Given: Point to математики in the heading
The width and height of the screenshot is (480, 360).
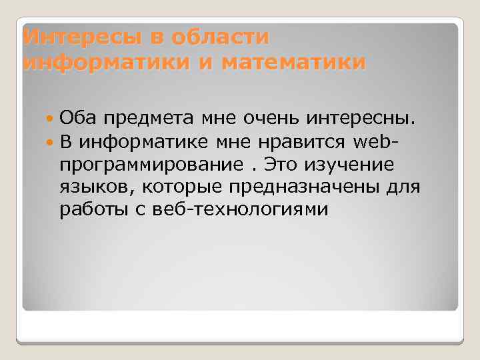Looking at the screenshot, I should click(x=293, y=63).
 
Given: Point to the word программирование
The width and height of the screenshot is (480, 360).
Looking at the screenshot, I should click(x=151, y=165).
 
